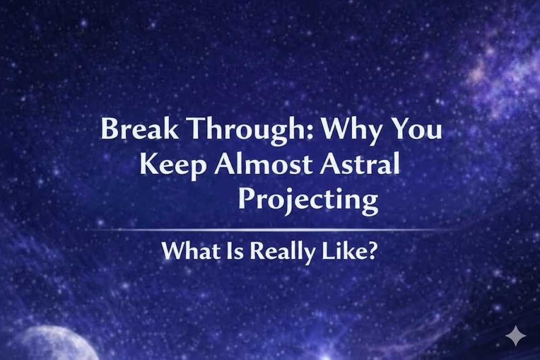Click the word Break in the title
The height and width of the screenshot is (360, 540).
point(139,129)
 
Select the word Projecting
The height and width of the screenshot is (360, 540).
point(308,201)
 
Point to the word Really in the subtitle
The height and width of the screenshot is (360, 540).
point(276,251)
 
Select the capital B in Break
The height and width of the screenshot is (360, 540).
point(109,129)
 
